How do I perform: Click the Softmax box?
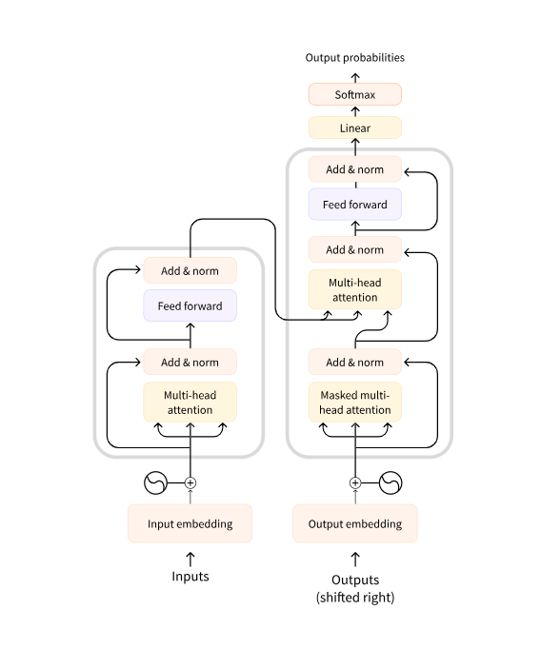[x=355, y=94]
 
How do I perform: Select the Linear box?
[x=355, y=128]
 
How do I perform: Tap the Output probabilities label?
[x=355, y=57]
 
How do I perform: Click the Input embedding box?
[x=190, y=523]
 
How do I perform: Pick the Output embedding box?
[x=355, y=523]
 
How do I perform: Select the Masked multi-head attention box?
[x=355, y=403]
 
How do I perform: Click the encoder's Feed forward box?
[x=190, y=305]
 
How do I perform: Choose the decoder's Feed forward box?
[x=355, y=205]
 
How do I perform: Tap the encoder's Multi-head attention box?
[x=190, y=403]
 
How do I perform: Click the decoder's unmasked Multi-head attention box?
[x=355, y=289]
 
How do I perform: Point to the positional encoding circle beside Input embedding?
[x=156, y=483]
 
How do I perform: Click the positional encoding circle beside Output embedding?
[x=391, y=483]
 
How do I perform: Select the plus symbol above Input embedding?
[x=190, y=483]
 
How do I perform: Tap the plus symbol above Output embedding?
[x=355, y=483]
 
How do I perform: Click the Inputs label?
[x=190, y=577]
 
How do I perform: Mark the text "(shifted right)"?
[x=355, y=598]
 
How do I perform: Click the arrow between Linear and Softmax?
[x=355, y=111]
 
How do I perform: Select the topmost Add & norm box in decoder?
[x=355, y=169]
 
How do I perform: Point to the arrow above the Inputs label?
[x=190, y=559]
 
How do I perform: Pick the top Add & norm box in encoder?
[x=190, y=270]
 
